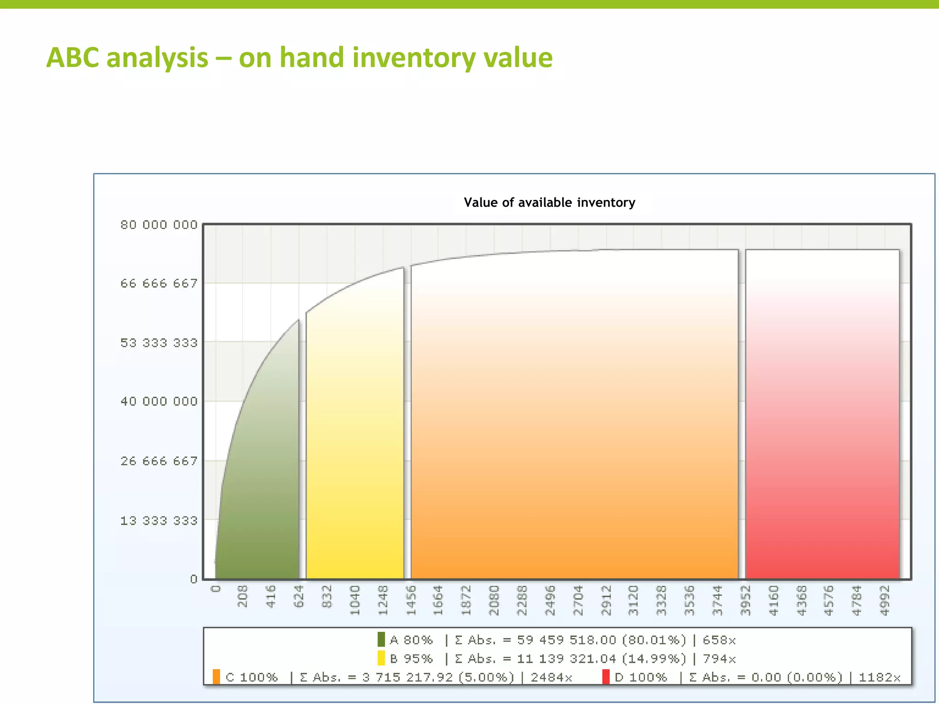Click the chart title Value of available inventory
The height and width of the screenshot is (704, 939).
[549, 203]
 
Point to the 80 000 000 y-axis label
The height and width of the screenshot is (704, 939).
[159, 225]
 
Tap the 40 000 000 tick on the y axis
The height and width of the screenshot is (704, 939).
[159, 401]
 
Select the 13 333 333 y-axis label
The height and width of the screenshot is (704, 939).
[159, 521]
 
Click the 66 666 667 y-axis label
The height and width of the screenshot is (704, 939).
[159, 284]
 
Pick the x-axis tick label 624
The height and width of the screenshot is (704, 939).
[299, 596]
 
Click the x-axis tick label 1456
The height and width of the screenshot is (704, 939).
[411, 600]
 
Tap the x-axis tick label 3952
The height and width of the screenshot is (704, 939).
[746, 600]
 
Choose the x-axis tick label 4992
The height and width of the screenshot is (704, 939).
[885, 600]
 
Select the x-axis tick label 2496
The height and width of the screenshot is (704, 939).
[550, 600]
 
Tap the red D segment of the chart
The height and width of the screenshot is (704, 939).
[822, 435]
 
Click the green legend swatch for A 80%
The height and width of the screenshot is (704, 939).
[381, 639]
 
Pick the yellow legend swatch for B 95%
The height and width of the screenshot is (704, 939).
[381, 658]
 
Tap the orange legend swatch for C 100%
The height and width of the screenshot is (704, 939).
[216, 677]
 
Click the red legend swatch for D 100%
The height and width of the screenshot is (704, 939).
[606, 677]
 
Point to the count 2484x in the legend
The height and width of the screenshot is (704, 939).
[551, 677]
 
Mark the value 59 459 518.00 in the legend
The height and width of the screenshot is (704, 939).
[566, 640]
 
